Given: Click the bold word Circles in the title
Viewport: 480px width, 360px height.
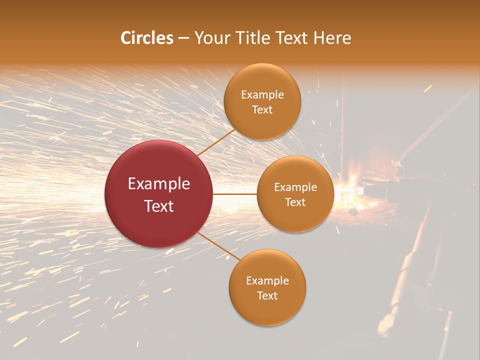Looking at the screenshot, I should [147, 38].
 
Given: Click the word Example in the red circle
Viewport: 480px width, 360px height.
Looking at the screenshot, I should [159, 184].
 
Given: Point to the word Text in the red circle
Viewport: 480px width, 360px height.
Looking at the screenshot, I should [159, 206].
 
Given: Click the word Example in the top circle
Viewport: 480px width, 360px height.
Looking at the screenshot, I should [262, 95].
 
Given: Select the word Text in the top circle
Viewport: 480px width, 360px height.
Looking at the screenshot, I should [262, 110].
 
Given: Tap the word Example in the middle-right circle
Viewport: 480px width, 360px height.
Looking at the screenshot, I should [295, 187].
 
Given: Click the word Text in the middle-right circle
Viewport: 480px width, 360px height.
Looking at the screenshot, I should [295, 202].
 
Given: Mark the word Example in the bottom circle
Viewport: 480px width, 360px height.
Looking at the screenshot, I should [267, 281].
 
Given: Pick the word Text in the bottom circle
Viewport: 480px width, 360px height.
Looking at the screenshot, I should [267, 296].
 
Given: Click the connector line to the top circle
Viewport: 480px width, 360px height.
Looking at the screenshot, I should [216, 142].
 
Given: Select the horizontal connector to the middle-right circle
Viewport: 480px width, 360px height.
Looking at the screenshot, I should [235, 194].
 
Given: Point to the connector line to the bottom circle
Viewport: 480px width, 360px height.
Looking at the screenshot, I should [219, 246].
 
